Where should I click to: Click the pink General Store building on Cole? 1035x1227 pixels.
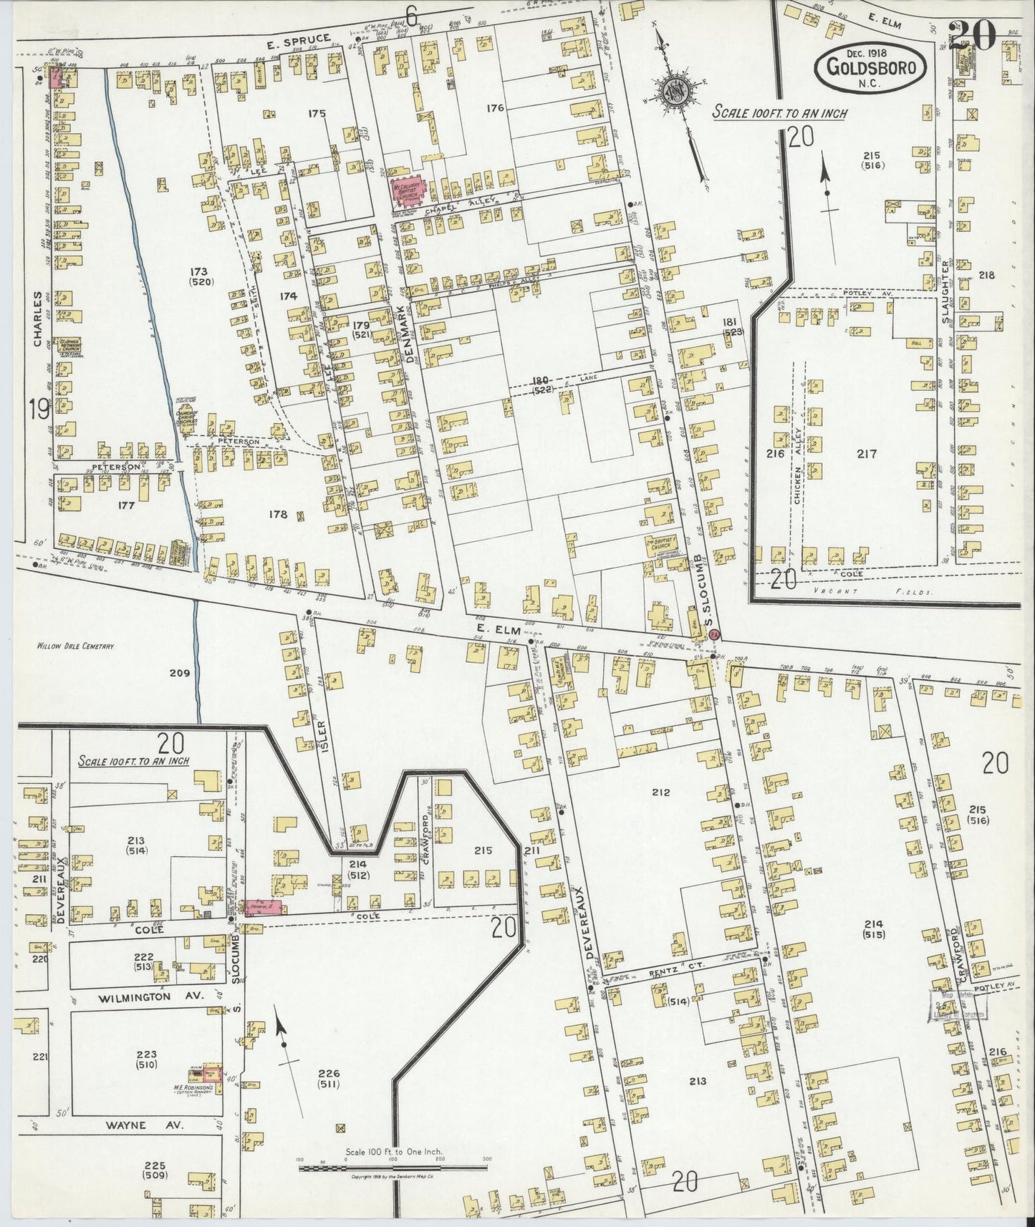point(262,907)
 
